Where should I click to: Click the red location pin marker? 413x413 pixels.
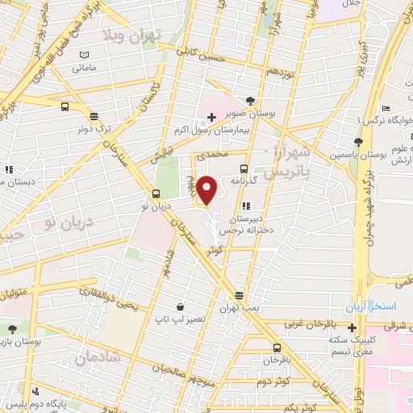point(207,190)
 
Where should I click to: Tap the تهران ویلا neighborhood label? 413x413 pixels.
point(134,35)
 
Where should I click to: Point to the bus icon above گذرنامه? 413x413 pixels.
point(244,169)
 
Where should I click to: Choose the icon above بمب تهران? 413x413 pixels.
point(238,296)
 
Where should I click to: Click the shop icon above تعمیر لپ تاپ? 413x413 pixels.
point(180,307)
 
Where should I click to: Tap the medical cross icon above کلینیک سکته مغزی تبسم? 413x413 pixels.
point(352,327)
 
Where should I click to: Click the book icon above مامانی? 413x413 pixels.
point(84,55)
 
